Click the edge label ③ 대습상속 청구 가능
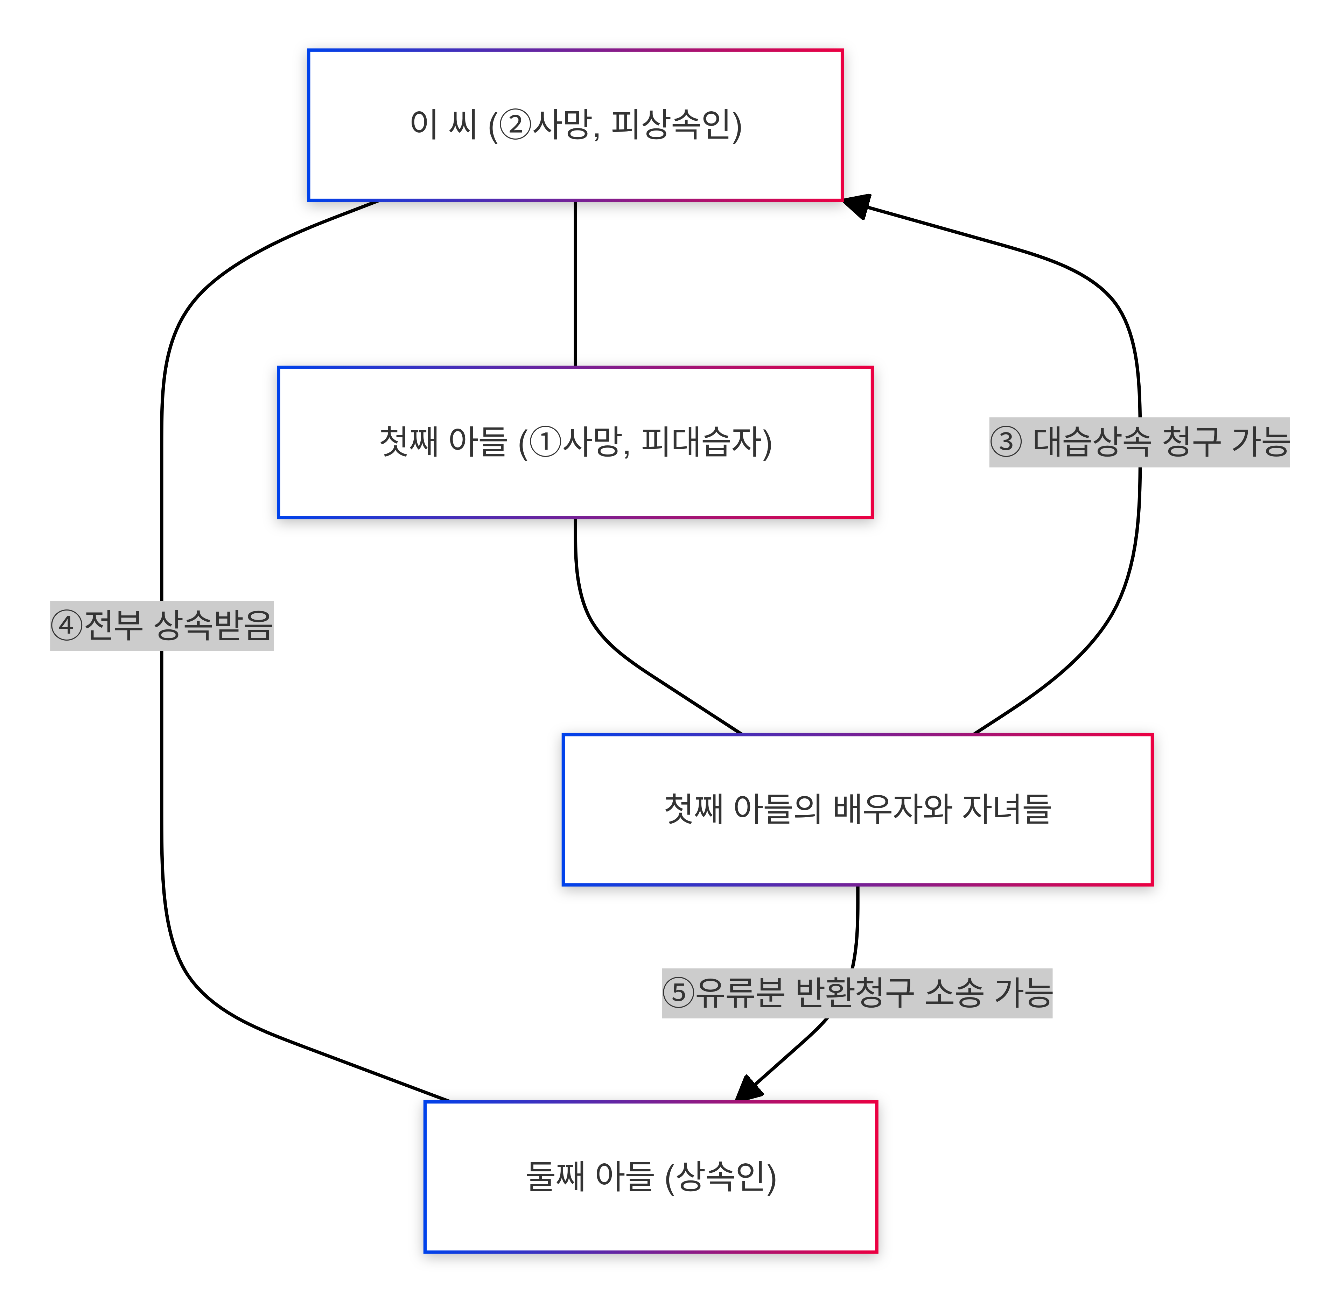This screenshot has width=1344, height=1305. [1139, 442]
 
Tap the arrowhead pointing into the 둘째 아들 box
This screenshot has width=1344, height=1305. [748, 1088]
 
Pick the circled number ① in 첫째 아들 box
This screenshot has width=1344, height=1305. [546, 442]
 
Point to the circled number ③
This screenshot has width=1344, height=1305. [1006, 442]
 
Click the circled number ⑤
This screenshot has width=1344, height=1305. [679, 993]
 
